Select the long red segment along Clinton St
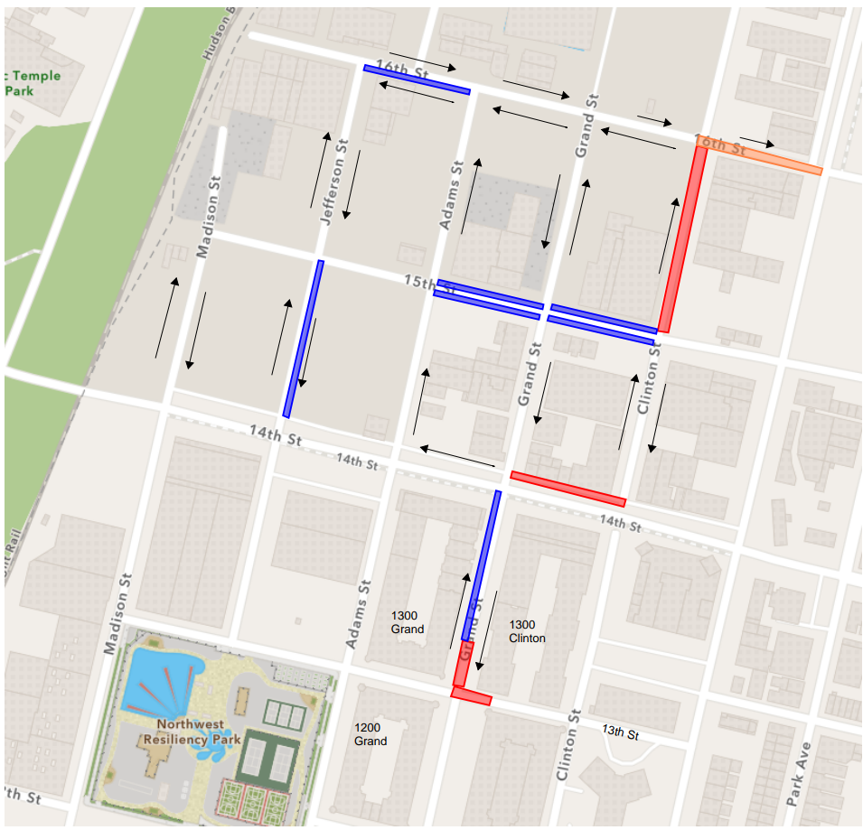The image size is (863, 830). click(682, 239)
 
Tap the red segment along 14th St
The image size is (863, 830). click(568, 489)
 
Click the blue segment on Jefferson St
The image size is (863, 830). click(304, 339)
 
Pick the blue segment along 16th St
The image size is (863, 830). click(417, 79)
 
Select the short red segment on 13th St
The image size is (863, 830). click(471, 695)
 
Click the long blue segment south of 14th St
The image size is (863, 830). click(482, 564)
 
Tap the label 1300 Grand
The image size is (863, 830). click(408, 622)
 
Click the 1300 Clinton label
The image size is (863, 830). click(527, 631)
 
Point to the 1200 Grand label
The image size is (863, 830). click(371, 734)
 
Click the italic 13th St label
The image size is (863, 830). click(621, 732)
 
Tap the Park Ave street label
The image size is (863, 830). click(794, 773)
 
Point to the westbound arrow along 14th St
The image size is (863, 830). click(456, 455)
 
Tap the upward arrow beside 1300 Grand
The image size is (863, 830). click(459, 610)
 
